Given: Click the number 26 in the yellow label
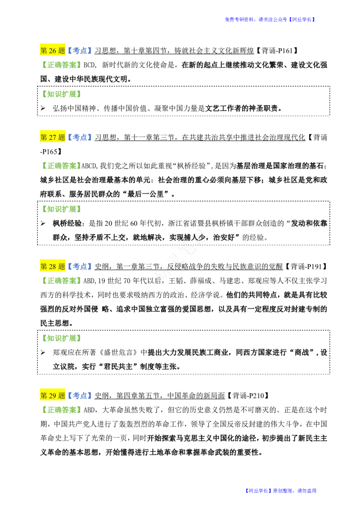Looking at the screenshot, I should [53, 51].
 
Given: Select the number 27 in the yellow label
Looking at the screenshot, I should [53, 137].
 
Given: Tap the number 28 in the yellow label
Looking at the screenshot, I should [53, 267].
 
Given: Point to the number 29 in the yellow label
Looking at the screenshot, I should [53, 396].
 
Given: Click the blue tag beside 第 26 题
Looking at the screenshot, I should [81, 51].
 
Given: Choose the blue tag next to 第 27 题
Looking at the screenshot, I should [81, 137].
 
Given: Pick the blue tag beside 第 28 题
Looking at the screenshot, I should [81, 267].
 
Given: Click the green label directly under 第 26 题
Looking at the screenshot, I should [61, 65].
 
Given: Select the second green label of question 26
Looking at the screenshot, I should [61, 95].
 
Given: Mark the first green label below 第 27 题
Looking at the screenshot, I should [61, 165].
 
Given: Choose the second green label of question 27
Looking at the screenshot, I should [61, 210].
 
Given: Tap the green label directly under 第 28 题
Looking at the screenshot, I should [61, 281].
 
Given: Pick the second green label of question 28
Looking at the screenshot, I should [61, 338].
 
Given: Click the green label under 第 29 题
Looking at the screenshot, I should [61, 409].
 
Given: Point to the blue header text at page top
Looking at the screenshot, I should [270, 20].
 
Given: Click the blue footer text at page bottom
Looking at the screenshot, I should [281, 491].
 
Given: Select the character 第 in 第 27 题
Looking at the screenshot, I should [44, 137].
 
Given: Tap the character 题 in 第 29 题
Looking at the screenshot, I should [62, 396].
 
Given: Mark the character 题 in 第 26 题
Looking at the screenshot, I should [62, 51].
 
